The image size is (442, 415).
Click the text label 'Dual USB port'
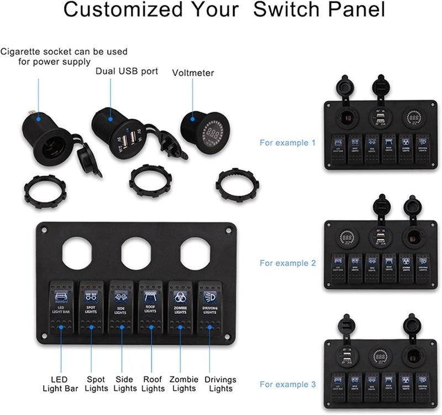click(x=127, y=71)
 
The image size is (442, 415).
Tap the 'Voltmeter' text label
click(x=193, y=72)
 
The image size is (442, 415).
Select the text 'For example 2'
click(x=287, y=263)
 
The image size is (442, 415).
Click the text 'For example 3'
click(x=287, y=383)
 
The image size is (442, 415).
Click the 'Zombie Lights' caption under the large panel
click(x=183, y=383)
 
